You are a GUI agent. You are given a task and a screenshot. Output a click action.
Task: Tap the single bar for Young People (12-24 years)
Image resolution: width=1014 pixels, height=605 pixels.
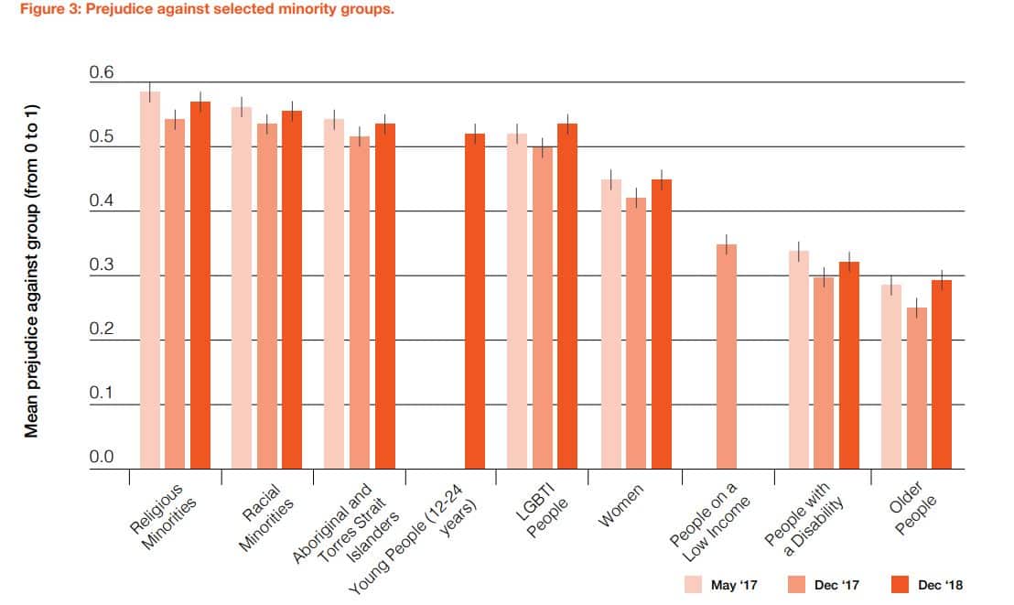click(x=475, y=301)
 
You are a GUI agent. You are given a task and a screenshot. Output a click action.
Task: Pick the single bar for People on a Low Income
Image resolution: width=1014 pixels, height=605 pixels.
click(x=727, y=357)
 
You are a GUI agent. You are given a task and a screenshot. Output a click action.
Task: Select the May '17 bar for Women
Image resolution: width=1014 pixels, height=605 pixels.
click(x=610, y=324)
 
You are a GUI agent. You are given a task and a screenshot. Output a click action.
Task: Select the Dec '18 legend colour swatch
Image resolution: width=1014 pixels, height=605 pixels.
click(x=901, y=585)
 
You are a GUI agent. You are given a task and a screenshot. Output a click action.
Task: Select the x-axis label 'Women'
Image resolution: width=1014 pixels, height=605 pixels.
click(x=621, y=505)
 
